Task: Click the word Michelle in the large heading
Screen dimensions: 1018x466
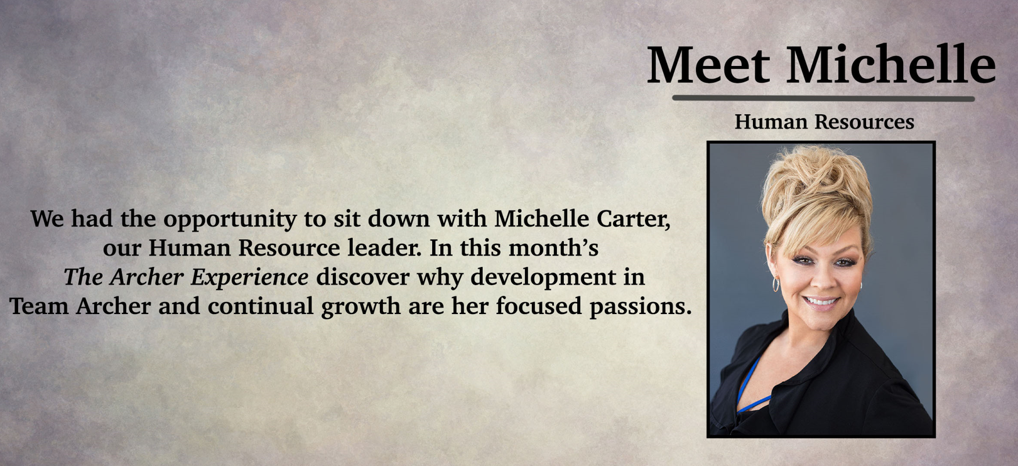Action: tap(891, 63)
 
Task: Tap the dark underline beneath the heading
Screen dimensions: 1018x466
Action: tap(823, 98)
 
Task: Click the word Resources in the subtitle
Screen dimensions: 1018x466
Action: tap(864, 121)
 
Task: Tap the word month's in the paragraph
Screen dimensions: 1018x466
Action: tap(553, 248)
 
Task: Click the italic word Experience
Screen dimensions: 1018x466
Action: tap(249, 278)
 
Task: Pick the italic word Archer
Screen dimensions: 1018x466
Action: tap(146, 277)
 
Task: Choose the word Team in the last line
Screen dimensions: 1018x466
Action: tap(39, 306)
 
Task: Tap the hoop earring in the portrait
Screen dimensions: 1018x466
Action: tap(776, 284)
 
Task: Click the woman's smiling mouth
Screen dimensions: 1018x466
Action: tap(821, 302)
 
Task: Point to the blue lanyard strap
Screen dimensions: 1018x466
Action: tap(750, 386)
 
